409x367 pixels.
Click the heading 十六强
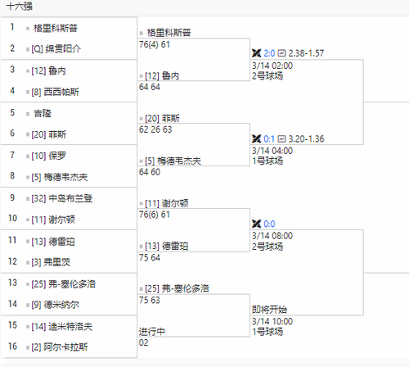(x=20, y=7)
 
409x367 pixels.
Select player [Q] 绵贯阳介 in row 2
(x=56, y=49)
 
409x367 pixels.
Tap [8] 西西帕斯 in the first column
(x=56, y=92)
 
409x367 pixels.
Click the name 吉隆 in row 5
(x=43, y=113)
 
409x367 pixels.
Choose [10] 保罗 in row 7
(x=49, y=156)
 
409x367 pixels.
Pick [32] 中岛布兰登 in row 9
(x=62, y=198)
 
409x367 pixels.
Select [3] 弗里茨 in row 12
(x=51, y=262)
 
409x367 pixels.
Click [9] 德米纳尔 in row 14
(x=56, y=305)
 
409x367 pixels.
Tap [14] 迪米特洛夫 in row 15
(x=62, y=326)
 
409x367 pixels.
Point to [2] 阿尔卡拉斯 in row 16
(x=60, y=347)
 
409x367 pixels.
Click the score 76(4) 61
(x=155, y=44)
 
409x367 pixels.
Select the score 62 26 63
(x=155, y=129)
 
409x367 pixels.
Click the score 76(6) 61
(x=155, y=215)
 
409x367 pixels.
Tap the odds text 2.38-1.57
(x=306, y=53)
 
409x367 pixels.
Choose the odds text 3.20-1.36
(x=306, y=139)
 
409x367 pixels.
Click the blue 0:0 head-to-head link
(x=269, y=224)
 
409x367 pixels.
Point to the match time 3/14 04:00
(x=272, y=151)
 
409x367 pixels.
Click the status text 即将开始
(x=269, y=310)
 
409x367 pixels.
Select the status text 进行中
(x=152, y=332)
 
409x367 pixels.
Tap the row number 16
(x=12, y=347)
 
